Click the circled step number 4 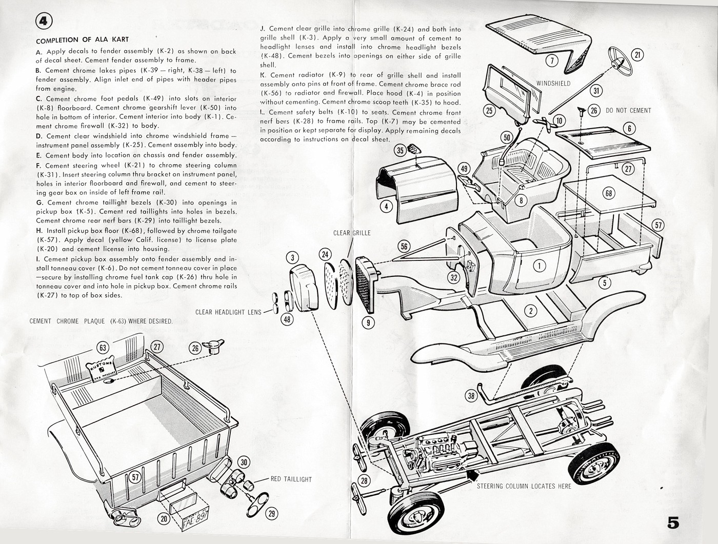[x=44, y=21]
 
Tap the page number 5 [x=673, y=522]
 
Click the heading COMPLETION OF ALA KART [x=82, y=39]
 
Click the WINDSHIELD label [x=553, y=83]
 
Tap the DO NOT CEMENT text [x=628, y=110]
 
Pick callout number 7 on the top [x=552, y=61]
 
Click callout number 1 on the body [x=539, y=265]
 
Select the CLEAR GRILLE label [x=352, y=233]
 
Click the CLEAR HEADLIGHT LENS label [x=228, y=312]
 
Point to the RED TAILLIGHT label [x=291, y=479]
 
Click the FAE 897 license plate [x=195, y=517]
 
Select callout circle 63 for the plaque [x=103, y=348]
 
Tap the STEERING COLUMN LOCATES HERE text [x=524, y=486]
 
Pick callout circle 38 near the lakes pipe [x=471, y=395]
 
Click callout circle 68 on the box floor [x=609, y=193]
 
